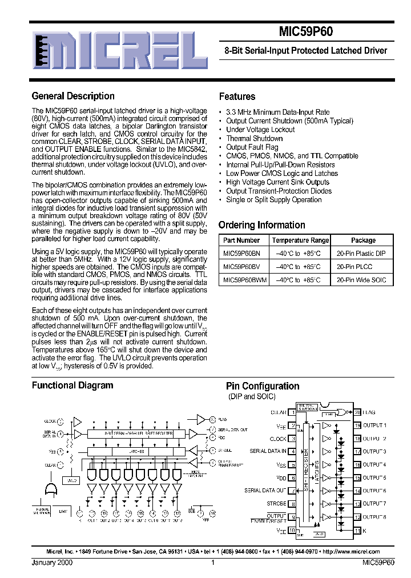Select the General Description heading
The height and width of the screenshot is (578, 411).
point(73,96)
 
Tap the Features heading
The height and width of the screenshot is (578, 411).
point(237,97)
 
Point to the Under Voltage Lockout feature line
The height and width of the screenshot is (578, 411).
point(260,130)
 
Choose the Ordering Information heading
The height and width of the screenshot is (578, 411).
point(262,225)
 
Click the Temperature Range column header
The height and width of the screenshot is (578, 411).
point(300,240)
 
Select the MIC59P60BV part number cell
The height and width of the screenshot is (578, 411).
point(241,267)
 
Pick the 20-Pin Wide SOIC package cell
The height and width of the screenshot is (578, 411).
point(362,280)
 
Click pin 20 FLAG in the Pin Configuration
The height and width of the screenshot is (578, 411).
point(368,412)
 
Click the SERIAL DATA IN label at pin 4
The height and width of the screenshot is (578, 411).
point(268,451)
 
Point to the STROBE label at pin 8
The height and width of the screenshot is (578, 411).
point(276,504)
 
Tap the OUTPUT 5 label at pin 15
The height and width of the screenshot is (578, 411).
point(374,477)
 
